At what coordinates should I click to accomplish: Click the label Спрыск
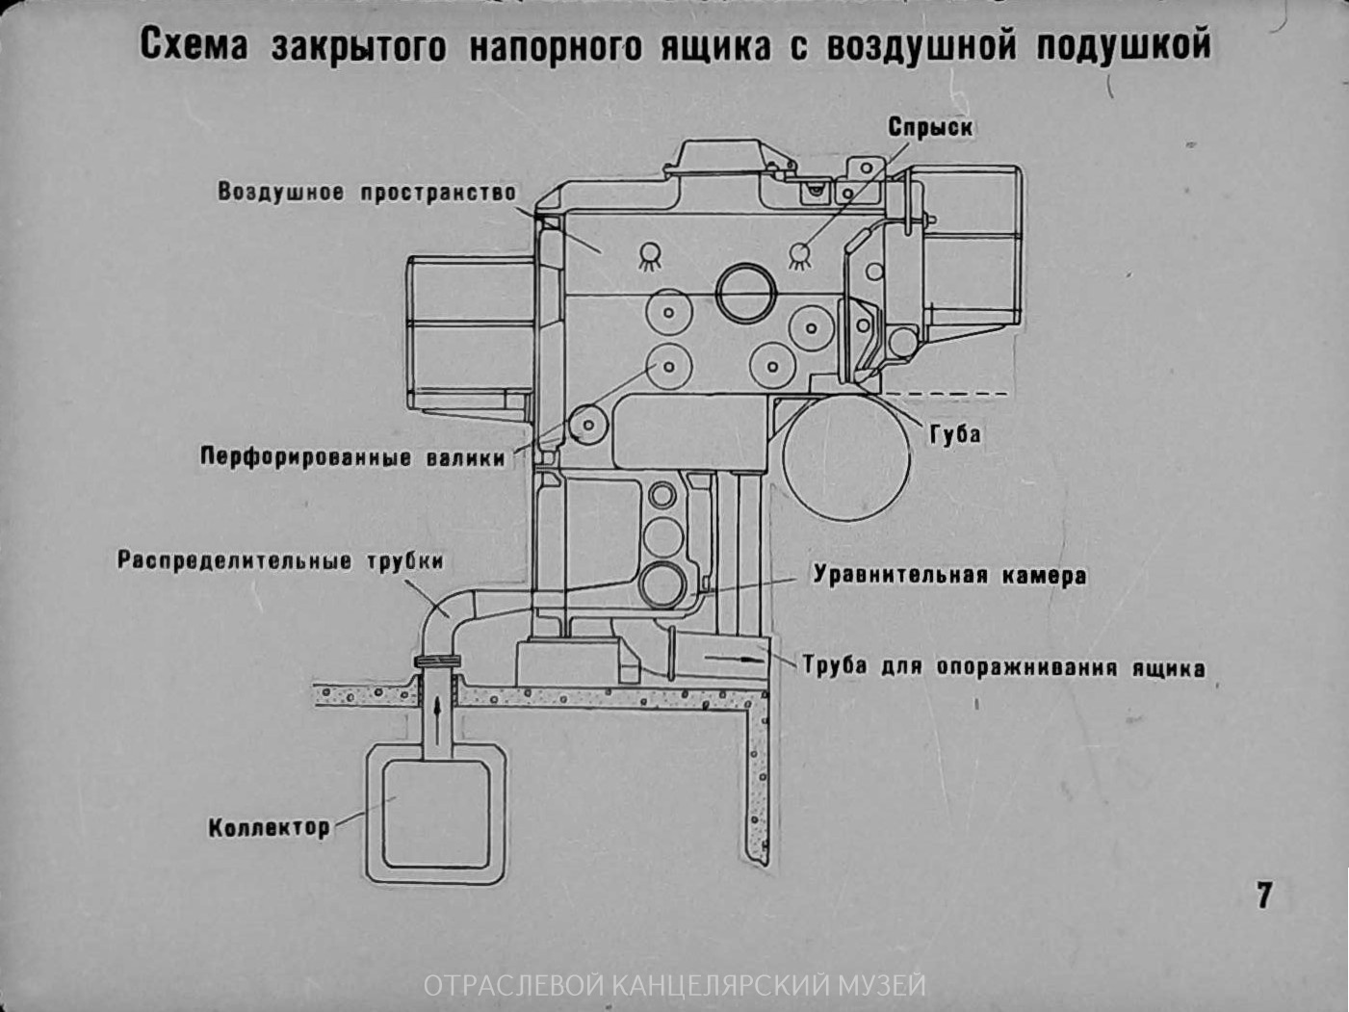[929, 128]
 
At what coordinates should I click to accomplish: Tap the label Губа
[955, 434]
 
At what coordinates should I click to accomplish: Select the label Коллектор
[269, 827]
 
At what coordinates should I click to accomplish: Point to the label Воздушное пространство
[367, 192]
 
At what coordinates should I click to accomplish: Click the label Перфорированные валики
[352, 456]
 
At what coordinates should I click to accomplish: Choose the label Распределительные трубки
[280, 561]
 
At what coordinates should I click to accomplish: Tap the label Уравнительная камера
[949, 576]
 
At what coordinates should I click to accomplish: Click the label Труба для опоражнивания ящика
[1003, 667]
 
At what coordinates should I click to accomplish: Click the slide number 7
[1264, 895]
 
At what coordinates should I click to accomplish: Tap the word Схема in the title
[194, 46]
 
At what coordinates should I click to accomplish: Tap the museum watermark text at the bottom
[674, 985]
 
